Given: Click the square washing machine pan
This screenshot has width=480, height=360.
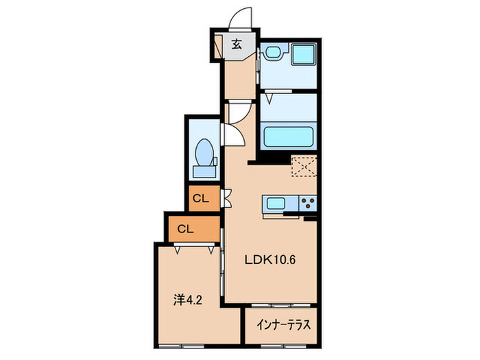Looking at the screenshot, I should click(302, 54).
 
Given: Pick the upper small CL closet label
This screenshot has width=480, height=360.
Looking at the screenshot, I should click(201, 199).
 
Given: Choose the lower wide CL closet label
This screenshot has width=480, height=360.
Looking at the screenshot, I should click(184, 229).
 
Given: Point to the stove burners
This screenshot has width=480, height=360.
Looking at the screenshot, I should click(307, 204).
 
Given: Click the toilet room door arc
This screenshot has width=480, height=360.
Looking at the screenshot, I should click(235, 134).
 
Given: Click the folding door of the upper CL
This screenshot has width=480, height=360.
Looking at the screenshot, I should click(227, 198).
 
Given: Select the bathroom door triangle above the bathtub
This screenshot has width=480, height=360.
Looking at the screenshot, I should click(269, 98).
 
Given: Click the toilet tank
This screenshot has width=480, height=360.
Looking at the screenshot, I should click(204, 165).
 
